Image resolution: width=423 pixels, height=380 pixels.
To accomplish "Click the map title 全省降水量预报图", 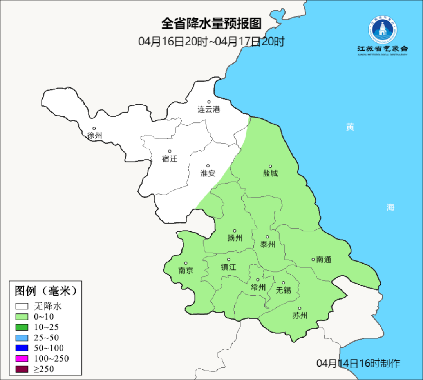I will (211, 24).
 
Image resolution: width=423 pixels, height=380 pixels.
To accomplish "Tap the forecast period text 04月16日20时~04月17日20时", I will (211, 42).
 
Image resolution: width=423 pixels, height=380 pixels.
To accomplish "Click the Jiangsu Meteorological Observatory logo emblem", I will (382, 30).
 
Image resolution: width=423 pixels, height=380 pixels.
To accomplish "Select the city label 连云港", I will (209, 110).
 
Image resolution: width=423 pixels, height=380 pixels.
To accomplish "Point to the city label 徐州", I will (94, 136).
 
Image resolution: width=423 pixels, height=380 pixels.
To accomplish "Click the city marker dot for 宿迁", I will (170, 151).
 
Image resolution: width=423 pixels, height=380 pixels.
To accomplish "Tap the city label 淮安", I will (208, 173).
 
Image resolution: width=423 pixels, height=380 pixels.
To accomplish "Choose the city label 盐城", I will (270, 173).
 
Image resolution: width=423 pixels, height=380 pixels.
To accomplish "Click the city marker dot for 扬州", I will (235, 231).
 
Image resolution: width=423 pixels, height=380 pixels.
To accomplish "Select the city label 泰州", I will (268, 245).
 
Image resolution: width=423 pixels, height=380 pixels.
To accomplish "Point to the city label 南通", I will (324, 260).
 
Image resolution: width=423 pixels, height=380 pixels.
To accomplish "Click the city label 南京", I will (186, 271).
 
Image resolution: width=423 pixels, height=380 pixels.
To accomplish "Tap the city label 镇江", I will (229, 267).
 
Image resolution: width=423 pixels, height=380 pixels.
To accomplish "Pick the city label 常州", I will (258, 287).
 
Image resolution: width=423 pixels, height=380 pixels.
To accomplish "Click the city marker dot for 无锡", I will (284, 283).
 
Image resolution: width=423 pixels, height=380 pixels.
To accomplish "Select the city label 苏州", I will (300, 316).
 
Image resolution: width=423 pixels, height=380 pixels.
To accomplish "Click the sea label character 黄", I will (350, 127).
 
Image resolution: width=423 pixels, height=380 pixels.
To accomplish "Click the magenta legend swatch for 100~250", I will (22, 358).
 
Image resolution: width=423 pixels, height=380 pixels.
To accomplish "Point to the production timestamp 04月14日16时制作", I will (358, 364).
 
